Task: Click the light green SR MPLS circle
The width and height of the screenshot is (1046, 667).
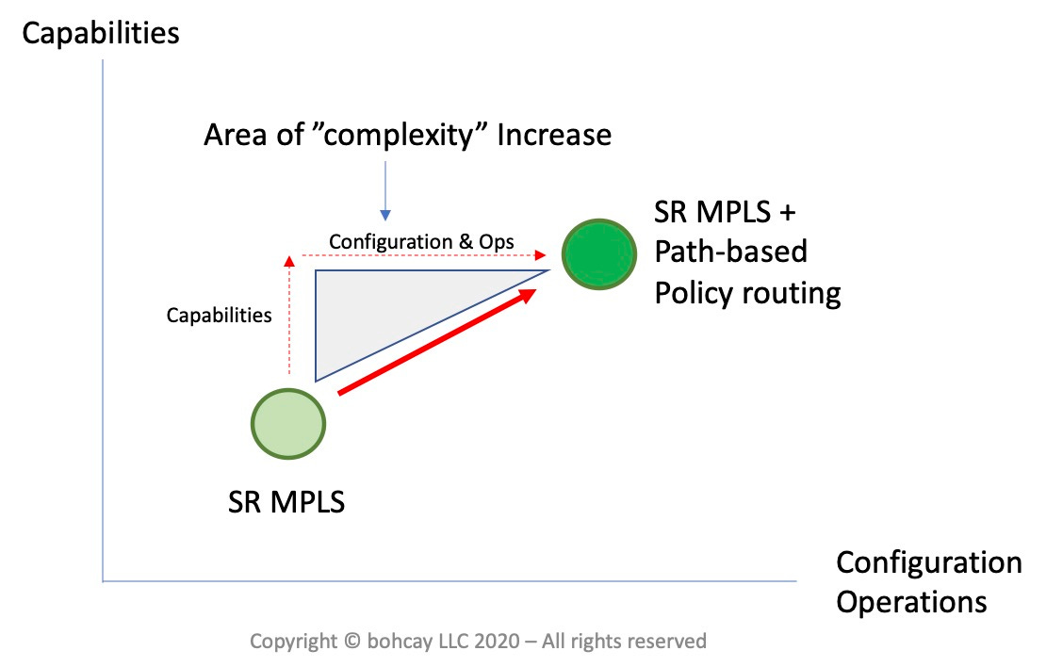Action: pyautogui.click(x=288, y=423)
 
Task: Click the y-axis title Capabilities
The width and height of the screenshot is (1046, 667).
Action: pyautogui.click(x=100, y=34)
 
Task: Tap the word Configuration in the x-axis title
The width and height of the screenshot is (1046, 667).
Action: pyautogui.click(x=928, y=562)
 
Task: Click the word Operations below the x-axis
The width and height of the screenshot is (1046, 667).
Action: pyautogui.click(x=911, y=601)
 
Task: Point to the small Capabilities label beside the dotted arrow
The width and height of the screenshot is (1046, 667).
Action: pyautogui.click(x=219, y=316)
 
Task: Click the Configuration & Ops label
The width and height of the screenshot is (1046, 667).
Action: pyautogui.click(x=421, y=241)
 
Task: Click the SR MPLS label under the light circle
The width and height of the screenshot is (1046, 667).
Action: pyautogui.click(x=286, y=501)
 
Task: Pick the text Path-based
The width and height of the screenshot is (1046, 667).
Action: pyautogui.click(x=731, y=252)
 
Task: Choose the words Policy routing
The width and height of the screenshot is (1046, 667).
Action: pyautogui.click(x=747, y=293)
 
